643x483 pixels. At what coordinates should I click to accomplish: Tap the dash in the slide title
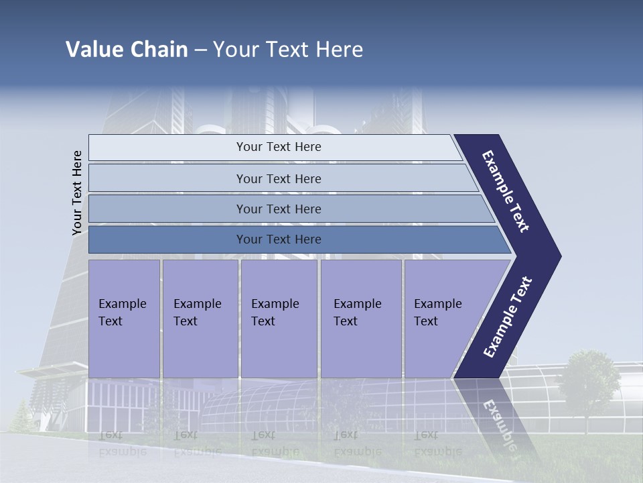point(200,50)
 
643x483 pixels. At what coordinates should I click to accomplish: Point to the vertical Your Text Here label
point(77,193)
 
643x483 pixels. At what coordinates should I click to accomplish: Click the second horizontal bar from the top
point(279,178)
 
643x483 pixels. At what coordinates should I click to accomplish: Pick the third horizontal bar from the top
point(279,209)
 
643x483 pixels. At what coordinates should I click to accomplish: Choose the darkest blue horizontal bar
point(279,239)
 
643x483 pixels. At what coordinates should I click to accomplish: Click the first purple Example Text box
point(124,319)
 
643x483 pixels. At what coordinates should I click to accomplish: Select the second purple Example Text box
point(200,319)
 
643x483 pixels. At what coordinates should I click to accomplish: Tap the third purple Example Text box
point(279,319)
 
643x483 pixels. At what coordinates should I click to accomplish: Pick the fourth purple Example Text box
point(360,319)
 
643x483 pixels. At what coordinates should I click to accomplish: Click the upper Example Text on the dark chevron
point(506,191)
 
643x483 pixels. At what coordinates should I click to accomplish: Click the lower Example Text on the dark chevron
point(508,317)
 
